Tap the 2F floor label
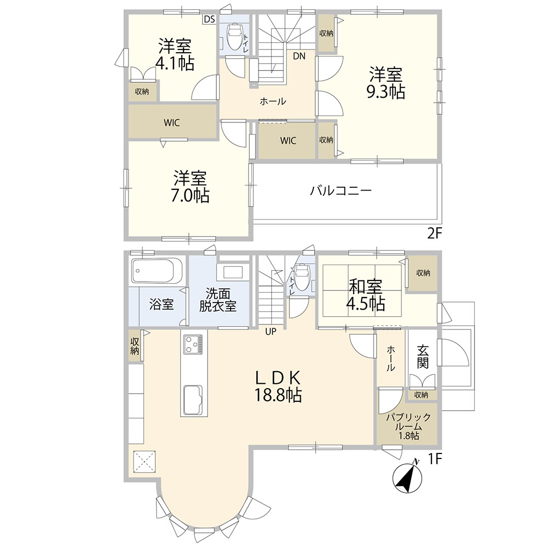(434, 233)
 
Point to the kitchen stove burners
(193, 344)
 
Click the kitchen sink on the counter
(193, 399)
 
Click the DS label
(209, 19)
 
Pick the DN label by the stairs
(299, 55)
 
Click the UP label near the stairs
(271, 331)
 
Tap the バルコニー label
(341, 191)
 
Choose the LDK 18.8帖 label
(278, 386)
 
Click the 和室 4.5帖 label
(365, 295)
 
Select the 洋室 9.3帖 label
(385, 83)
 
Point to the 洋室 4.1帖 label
(175, 54)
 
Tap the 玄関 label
(423, 356)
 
